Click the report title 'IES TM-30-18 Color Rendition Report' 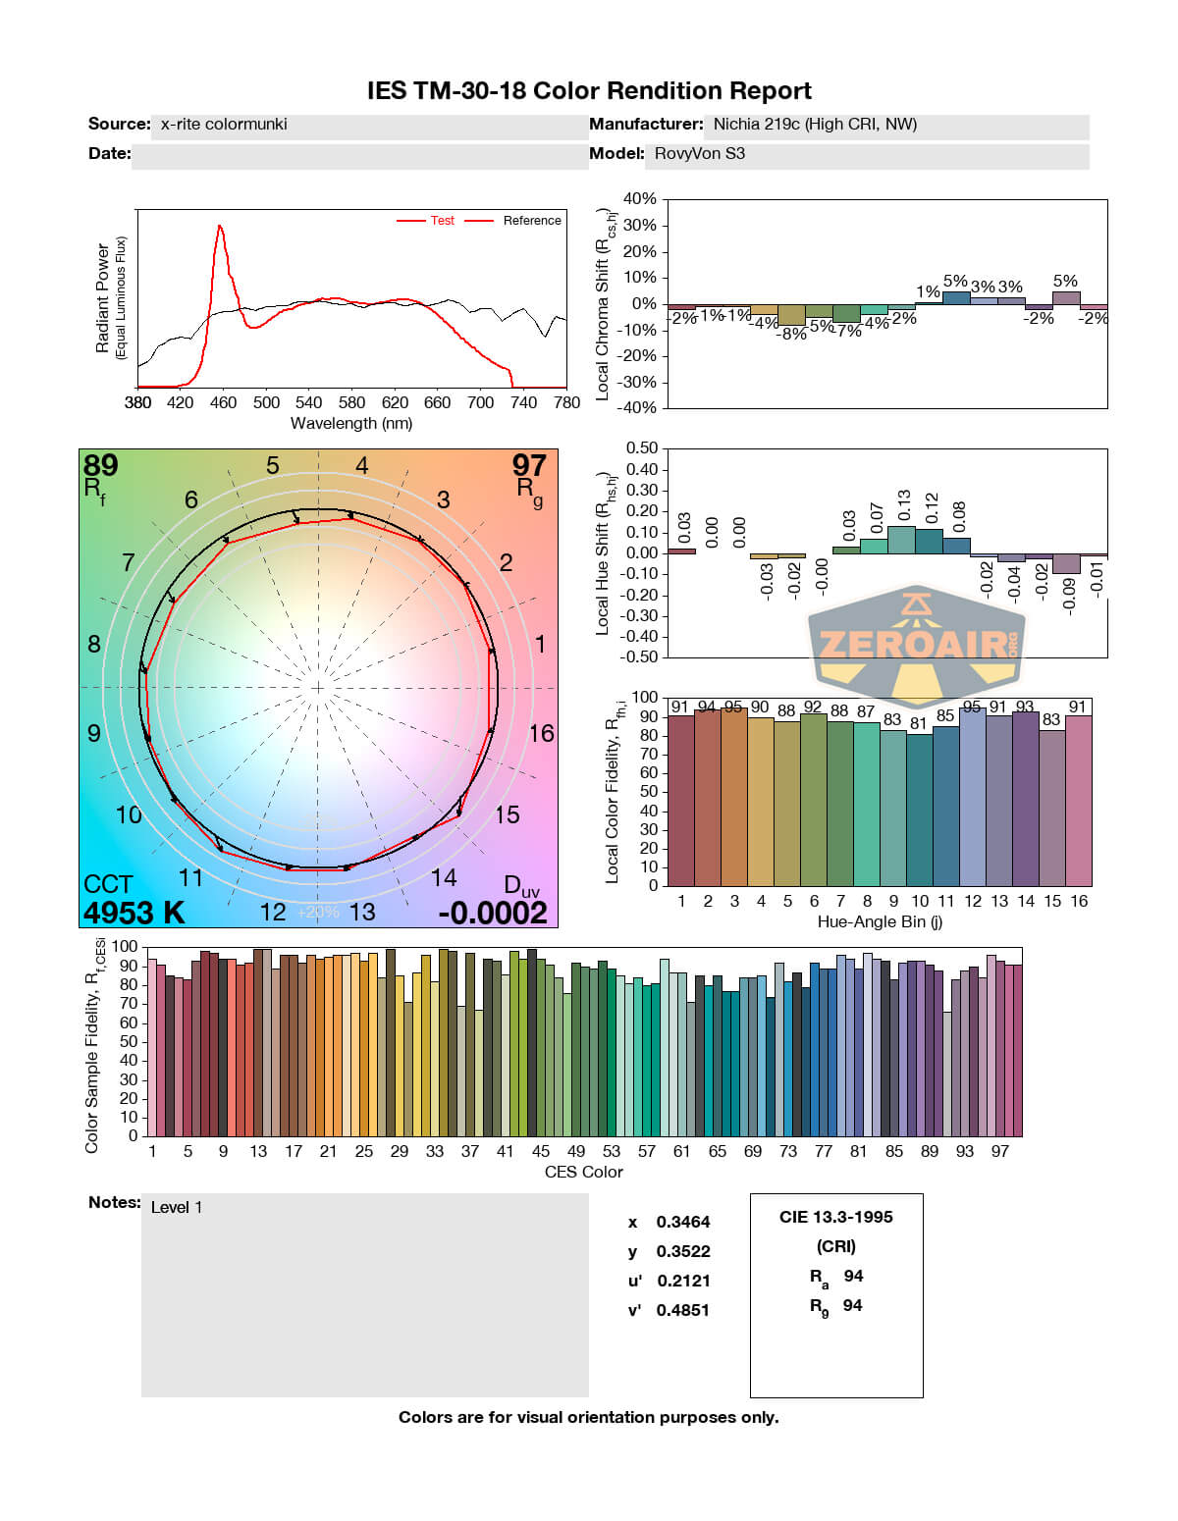pos(589,91)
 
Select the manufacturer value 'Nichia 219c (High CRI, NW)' pos(815,125)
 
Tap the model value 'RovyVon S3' pos(699,154)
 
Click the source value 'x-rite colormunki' pos(224,125)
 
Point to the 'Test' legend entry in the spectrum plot pos(442,221)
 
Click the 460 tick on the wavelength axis pos(223,402)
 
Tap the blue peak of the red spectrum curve pos(220,228)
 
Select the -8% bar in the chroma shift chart pos(791,315)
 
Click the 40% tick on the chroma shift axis pos(639,199)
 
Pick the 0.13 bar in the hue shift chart pos(901,540)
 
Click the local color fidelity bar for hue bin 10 pos(920,810)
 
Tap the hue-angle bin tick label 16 pos(1079,901)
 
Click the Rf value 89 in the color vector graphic pos(100,465)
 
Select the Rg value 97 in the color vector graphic pos(529,465)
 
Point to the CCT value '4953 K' pos(134,913)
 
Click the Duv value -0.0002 pos(492,913)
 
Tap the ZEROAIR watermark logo pos(917,645)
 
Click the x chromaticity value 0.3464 pos(682,1223)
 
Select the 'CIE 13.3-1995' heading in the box pos(836,1218)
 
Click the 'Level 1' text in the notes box pos(177,1208)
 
